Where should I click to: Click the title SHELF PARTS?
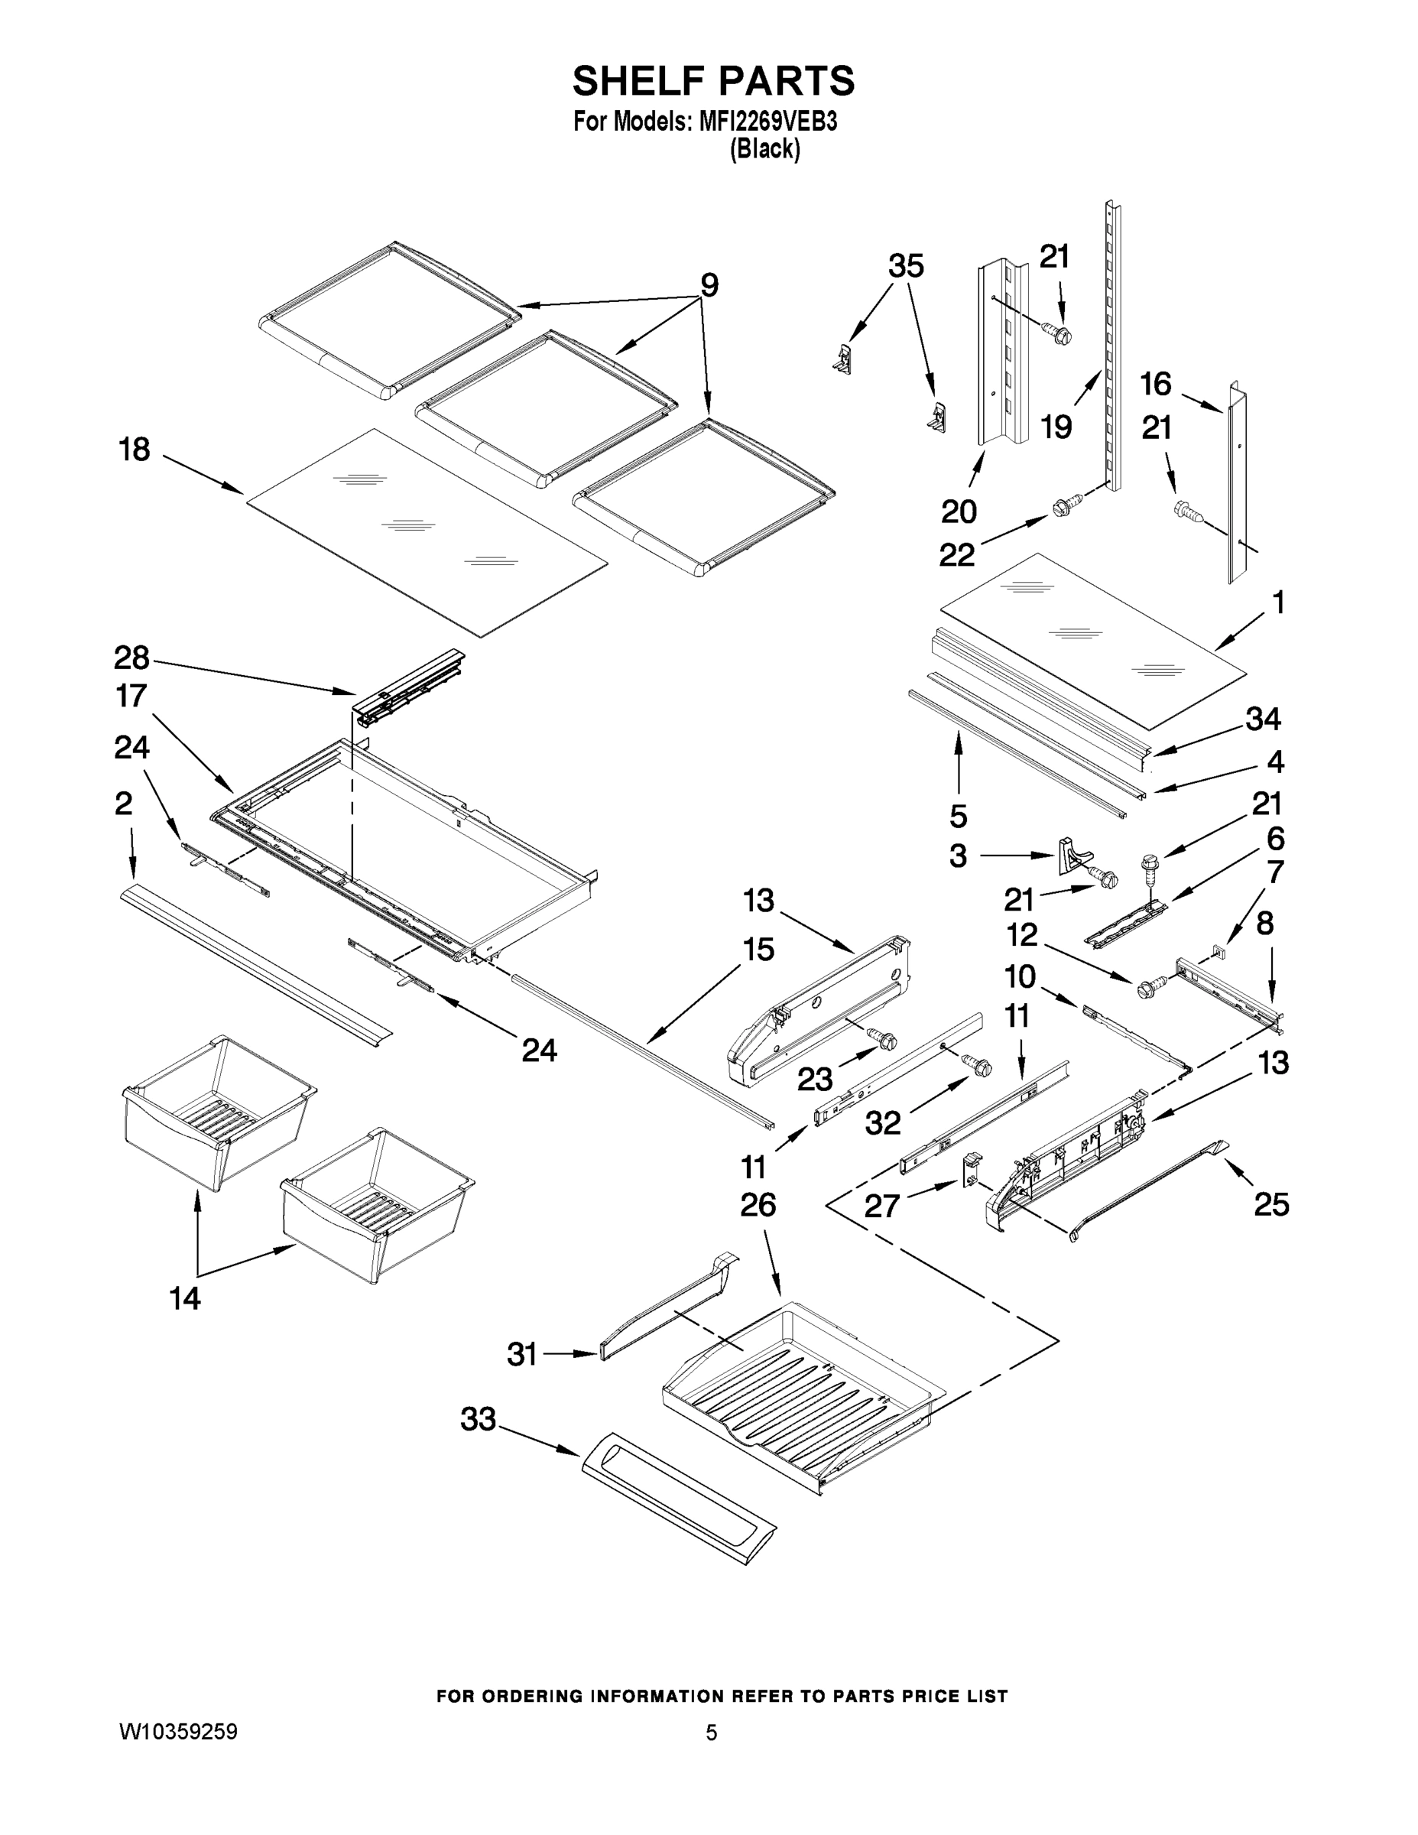[x=713, y=82]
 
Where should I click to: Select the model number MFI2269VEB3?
[x=767, y=122]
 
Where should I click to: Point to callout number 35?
[x=906, y=266]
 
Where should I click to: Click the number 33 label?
[x=478, y=1419]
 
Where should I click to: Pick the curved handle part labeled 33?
[x=677, y=1498]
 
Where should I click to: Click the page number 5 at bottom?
[x=711, y=1733]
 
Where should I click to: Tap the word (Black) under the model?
[x=764, y=150]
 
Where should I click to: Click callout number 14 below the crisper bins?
[x=185, y=1298]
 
